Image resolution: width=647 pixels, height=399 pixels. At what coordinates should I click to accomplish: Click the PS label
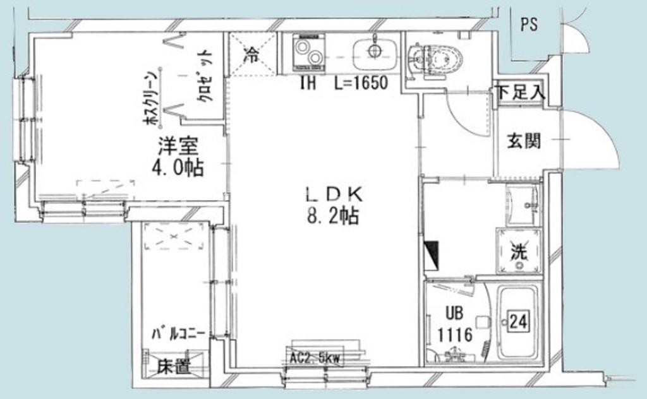[529, 25]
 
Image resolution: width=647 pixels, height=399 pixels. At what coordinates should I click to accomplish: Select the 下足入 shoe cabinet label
[519, 93]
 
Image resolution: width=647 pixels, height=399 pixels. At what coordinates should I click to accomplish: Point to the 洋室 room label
[178, 147]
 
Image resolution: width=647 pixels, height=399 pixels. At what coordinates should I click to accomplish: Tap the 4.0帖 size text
[178, 168]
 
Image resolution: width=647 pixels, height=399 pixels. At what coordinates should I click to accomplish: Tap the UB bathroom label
[454, 314]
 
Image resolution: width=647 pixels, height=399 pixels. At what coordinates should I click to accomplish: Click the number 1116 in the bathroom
[454, 334]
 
